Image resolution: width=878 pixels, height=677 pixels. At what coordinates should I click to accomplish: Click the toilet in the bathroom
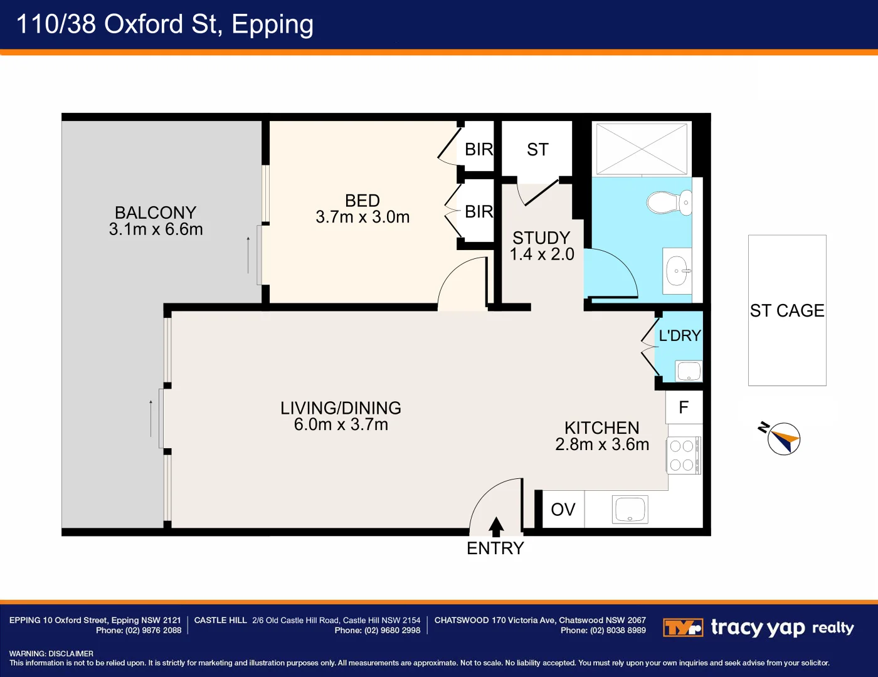click(x=669, y=202)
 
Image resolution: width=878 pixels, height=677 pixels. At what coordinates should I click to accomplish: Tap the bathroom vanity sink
click(x=677, y=271)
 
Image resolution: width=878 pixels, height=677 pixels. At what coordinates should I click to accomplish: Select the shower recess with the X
click(x=642, y=149)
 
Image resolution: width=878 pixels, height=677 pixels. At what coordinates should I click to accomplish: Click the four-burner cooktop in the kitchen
click(x=684, y=456)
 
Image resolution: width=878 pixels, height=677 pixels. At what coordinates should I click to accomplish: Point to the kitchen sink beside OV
click(x=630, y=510)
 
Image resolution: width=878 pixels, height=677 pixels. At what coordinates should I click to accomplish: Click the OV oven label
click(x=563, y=510)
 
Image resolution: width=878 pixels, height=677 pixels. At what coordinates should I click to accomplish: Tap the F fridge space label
click(x=684, y=407)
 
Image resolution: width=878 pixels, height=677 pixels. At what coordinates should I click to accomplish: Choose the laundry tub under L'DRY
click(x=689, y=371)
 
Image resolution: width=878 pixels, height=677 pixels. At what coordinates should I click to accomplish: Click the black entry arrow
click(x=496, y=527)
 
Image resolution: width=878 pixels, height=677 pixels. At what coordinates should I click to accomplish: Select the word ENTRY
click(x=495, y=548)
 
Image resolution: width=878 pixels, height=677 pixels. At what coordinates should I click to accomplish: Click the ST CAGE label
click(x=787, y=310)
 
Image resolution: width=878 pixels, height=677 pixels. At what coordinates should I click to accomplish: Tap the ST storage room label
click(x=537, y=150)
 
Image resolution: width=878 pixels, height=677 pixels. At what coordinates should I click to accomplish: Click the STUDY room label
click(x=541, y=238)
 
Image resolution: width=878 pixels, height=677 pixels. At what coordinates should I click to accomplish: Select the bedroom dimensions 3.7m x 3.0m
click(x=362, y=217)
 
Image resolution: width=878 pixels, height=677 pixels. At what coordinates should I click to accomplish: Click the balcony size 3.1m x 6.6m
click(x=156, y=229)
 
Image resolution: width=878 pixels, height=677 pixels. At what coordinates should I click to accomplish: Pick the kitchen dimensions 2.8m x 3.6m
click(x=602, y=444)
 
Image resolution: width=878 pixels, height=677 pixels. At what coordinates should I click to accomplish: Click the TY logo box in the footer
click(x=683, y=627)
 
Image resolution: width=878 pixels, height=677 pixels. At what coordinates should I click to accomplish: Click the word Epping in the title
click(x=272, y=25)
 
